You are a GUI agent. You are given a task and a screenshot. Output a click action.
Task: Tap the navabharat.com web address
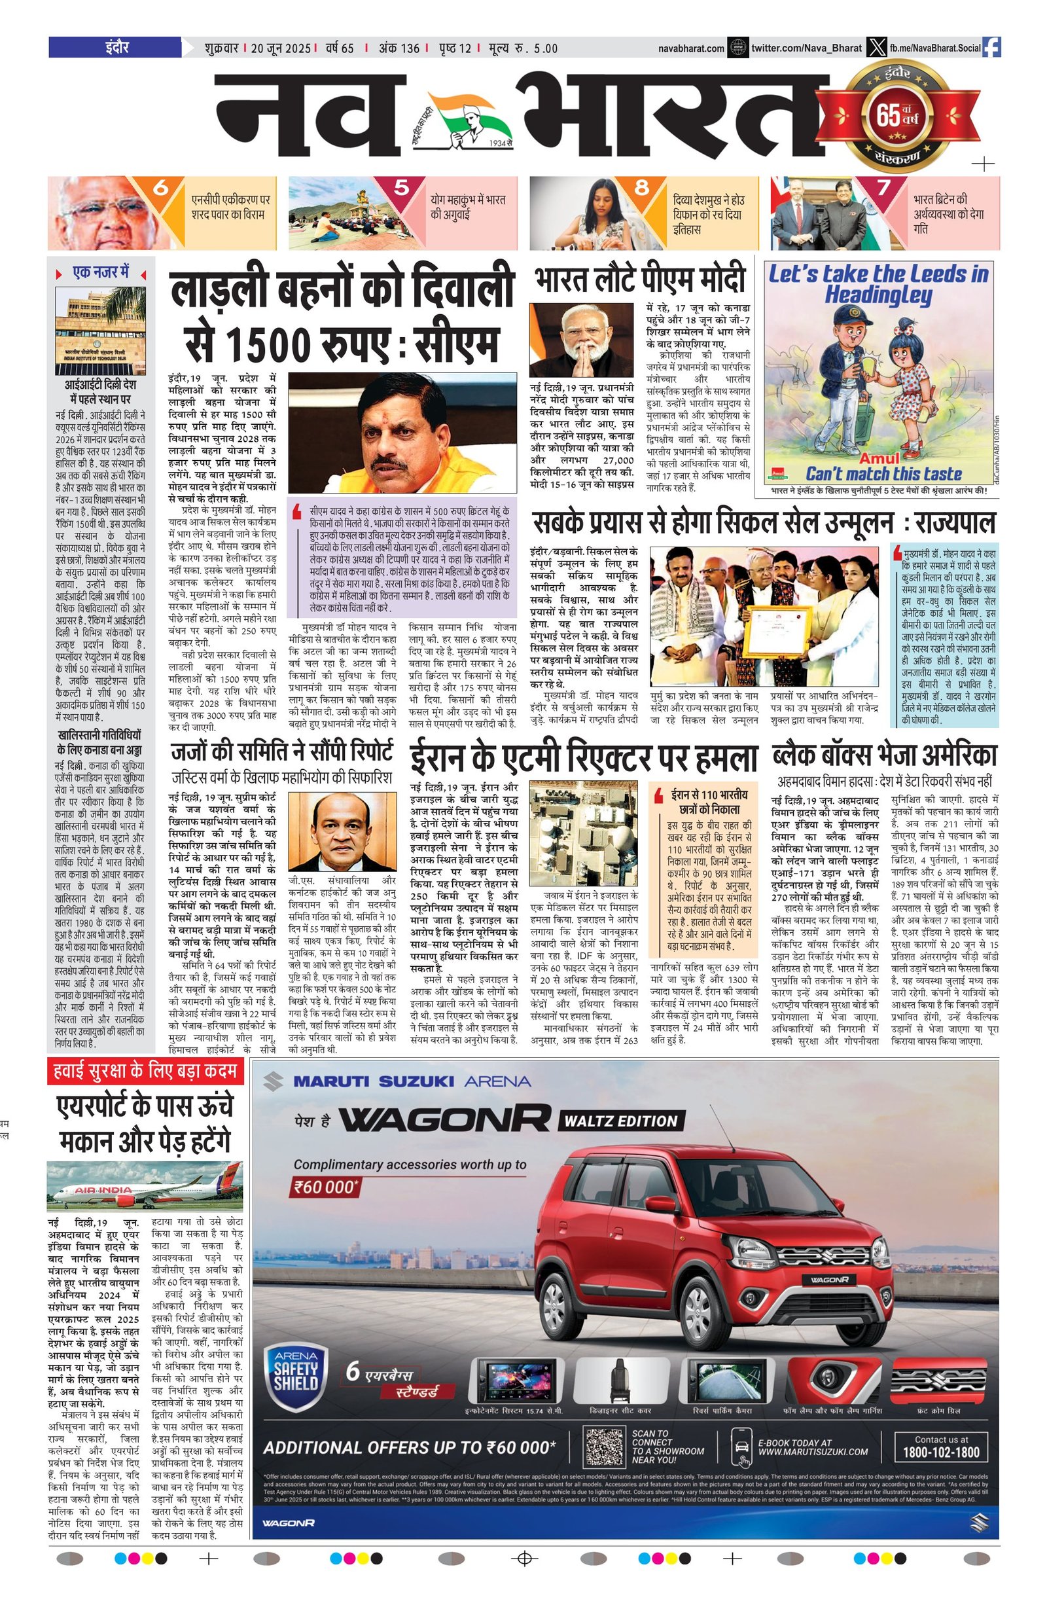[691, 48]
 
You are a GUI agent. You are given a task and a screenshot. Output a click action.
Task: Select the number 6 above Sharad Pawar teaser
[161, 187]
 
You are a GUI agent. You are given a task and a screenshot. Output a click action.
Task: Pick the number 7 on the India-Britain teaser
[883, 187]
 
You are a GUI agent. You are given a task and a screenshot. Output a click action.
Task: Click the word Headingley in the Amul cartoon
[878, 295]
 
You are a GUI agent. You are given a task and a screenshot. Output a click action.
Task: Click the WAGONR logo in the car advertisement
[444, 1119]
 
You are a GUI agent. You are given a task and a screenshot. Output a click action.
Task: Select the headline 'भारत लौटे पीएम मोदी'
[639, 278]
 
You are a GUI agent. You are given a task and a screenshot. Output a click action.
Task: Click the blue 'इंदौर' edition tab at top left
[115, 48]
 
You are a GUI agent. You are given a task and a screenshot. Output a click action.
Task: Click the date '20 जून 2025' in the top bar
[280, 48]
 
